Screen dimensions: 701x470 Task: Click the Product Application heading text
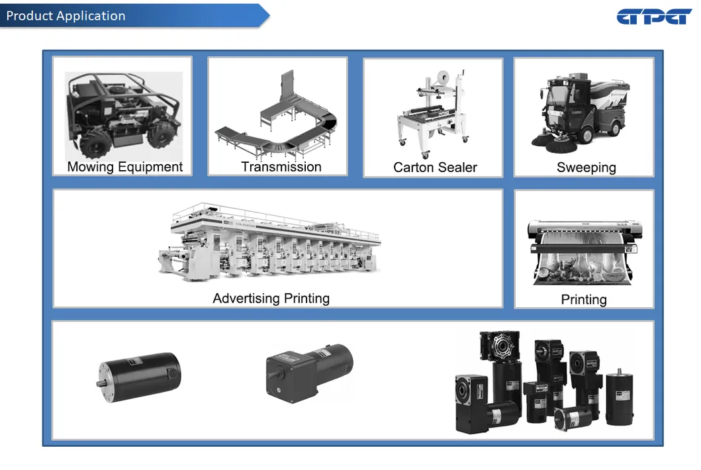66,16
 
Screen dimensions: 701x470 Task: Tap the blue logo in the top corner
654,17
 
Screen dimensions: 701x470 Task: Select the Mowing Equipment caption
124,167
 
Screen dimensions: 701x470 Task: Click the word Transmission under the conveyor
281,167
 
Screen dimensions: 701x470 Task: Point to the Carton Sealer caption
435,167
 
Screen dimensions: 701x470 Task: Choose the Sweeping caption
586,167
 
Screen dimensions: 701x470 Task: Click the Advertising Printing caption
271,299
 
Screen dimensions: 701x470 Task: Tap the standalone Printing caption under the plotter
584,300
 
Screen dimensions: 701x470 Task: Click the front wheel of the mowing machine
94,144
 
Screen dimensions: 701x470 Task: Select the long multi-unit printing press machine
269,242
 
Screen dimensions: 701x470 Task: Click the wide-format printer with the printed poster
584,252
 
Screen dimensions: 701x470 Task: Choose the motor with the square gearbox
309,373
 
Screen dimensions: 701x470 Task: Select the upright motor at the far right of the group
620,397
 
